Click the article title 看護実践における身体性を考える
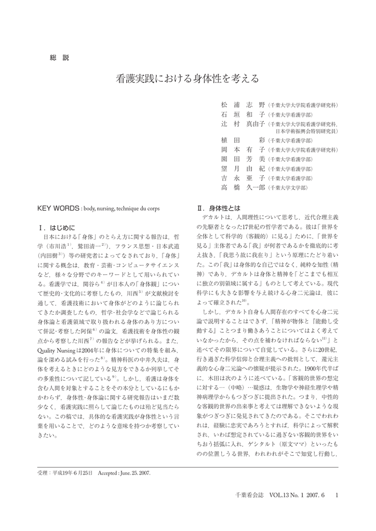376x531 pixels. point(187,80)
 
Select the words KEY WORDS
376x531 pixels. point(59,208)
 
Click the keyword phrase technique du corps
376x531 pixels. point(142,208)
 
